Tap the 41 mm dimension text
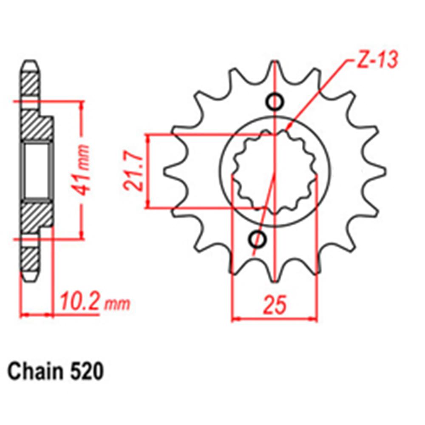coord(84,170)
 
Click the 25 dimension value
coord(275,305)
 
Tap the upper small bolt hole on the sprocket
coord(275,102)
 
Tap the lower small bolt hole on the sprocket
coord(256,239)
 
